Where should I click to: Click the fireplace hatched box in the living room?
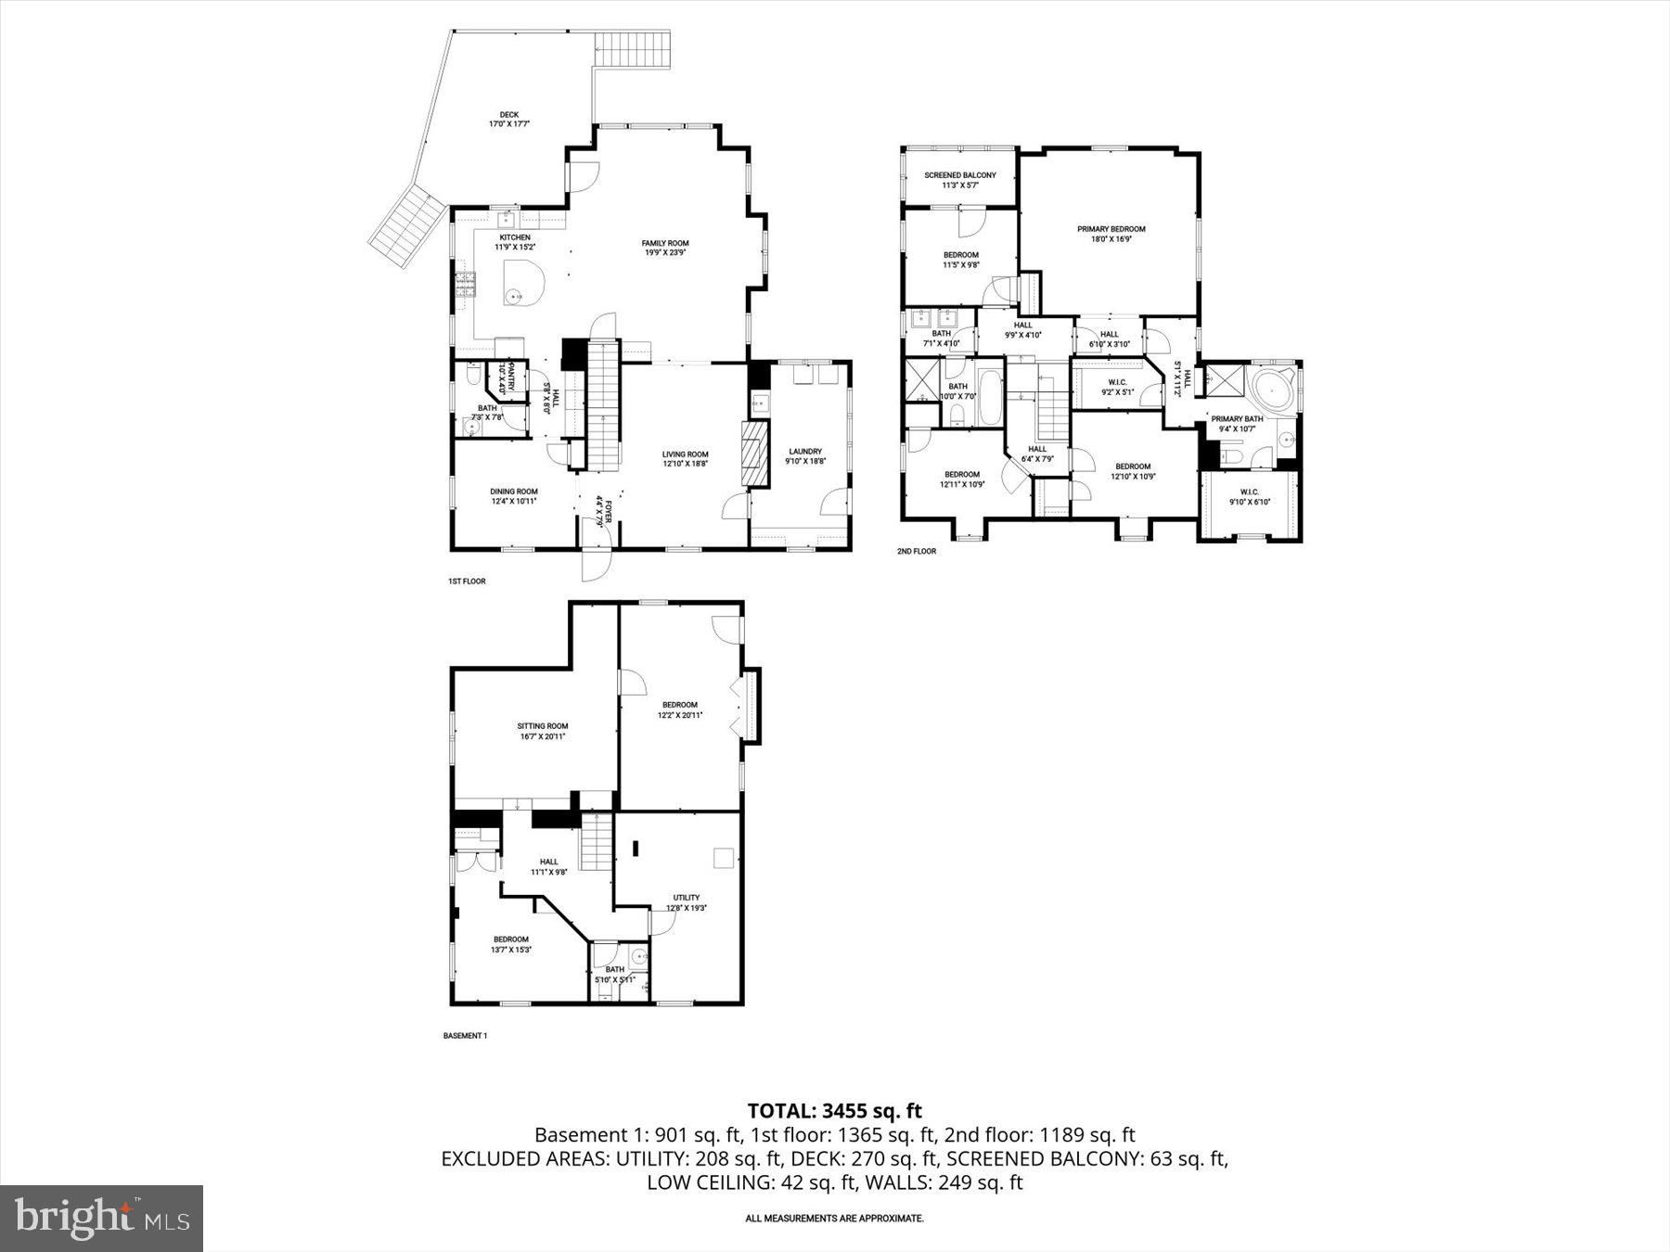755,454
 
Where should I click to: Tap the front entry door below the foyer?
597,564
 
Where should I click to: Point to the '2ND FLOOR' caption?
916,551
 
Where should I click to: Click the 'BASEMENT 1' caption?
465,1035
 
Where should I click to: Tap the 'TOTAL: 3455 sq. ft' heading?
834,1110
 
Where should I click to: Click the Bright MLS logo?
101,1218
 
